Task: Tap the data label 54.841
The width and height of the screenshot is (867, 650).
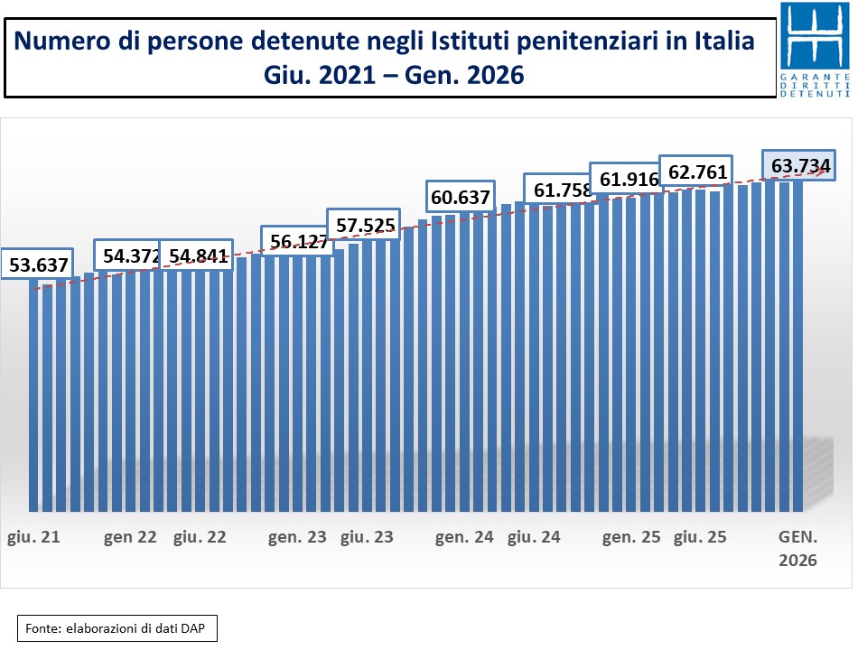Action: coord(197,256)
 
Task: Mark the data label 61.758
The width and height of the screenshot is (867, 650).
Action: coord(557,190)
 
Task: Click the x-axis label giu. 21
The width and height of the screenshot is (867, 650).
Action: coord(34,537)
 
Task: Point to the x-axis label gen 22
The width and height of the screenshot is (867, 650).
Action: coord(130,537)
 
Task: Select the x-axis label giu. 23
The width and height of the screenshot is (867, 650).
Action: coord(367,537)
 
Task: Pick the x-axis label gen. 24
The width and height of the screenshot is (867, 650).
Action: coord(464,537)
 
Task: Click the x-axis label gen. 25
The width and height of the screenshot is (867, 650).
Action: coord(631,537)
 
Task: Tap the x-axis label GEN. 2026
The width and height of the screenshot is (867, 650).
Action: coord(798,548)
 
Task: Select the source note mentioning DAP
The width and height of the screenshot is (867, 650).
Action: coord(117,628)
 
